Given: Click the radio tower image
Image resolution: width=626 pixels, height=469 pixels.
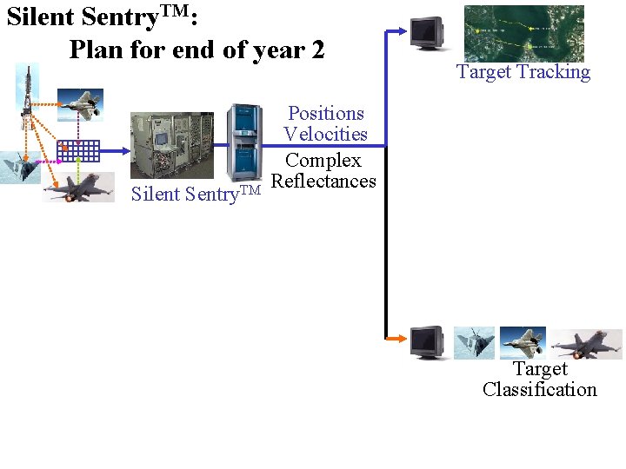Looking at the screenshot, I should (x=27, y=96).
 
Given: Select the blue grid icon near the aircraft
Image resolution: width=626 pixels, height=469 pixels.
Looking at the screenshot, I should (x=78, y=151).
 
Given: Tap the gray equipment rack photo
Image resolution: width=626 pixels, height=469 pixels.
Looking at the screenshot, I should (x=171, y=145).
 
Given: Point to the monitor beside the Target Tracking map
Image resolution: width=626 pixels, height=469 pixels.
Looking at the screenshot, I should (x=427, y=33).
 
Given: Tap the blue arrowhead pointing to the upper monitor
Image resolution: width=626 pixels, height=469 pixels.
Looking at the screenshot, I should (x=401, y=30).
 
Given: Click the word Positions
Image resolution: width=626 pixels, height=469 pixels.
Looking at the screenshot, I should (x=325, y=114).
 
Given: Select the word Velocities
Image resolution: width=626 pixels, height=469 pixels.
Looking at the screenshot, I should (x=325, y=135).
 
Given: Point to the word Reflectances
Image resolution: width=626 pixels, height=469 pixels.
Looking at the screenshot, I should (x=323, y=182).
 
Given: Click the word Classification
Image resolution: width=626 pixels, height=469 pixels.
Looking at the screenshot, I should (x=539, y=390).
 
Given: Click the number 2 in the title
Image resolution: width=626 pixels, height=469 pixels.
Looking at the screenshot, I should (x=316, y=50).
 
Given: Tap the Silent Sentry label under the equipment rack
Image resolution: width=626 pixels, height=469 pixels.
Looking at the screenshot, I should (x=195, y=193).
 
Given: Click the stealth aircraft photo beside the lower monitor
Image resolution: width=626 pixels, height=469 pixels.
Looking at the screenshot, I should (x=474, y=343).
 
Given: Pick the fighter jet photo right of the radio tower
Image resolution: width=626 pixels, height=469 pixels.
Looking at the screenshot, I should (x=80, y=104).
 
